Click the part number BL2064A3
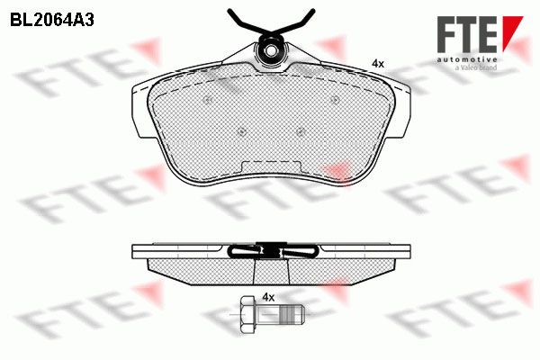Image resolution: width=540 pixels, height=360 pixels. tap(52, 21)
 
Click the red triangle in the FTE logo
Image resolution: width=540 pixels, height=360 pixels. tap(512, 32)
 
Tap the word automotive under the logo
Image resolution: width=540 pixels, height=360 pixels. tap(467, 59)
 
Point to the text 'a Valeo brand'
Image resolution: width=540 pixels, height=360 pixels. tap(476, 67)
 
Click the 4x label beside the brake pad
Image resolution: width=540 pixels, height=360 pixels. tap(378, 63)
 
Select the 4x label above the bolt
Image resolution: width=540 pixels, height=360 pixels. tap(268, 297)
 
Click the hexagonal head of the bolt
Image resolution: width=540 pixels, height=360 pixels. tap(247, 314)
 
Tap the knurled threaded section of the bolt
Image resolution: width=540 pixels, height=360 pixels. tap(284, 314)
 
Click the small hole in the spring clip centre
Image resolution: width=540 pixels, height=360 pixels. tap(272, 51)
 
